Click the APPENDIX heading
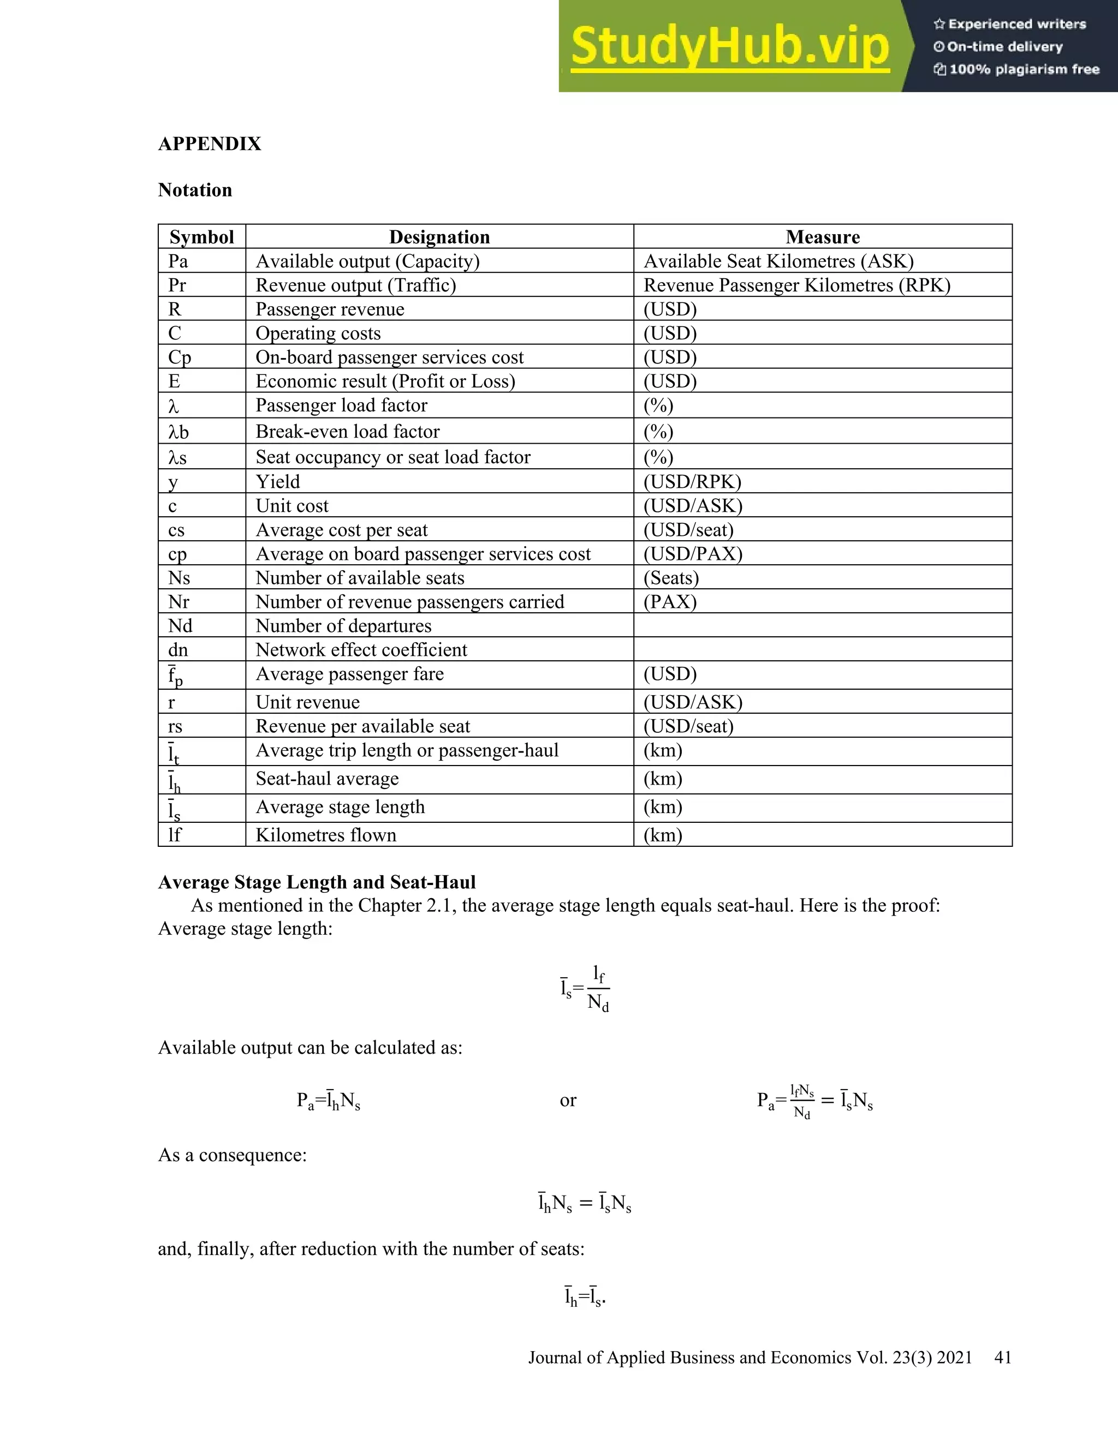pos(209,144)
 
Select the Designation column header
pos(439,237)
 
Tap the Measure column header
pos(822,237)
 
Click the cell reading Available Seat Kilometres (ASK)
pos(778,261)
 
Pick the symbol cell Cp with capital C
pos(180,357)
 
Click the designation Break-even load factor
pos(347,432)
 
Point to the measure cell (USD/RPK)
pos(692,482)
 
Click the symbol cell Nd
pos(180,626)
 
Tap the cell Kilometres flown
pos(326,835)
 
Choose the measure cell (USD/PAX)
pos(693,554)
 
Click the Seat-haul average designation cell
pos(327,779)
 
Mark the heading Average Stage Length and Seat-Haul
pos(317,882)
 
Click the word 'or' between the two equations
pos(568,1101)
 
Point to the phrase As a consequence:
pos(232,1155)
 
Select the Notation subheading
pos(195,190)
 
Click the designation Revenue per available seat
pos(362,727)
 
